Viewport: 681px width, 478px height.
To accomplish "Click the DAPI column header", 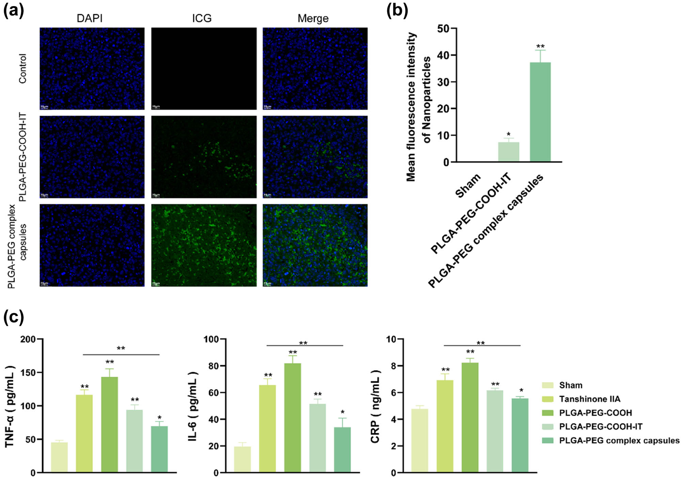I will coord(90,18).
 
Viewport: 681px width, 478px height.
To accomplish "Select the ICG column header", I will coord(202,18).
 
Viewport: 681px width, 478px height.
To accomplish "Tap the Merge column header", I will coord(313,18).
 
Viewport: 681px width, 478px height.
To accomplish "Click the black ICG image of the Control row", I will coord(204,69).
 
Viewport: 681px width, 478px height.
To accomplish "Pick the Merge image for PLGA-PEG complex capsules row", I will coord(315,245).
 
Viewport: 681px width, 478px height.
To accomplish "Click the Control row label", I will coord(22,69).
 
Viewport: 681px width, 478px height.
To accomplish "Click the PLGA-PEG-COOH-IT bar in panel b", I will coord(508,152).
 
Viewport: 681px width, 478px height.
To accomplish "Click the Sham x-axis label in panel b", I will coord(469,186).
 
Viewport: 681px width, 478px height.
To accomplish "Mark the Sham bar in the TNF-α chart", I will coord(59,457).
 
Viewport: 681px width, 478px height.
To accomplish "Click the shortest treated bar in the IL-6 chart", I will coord(342,450).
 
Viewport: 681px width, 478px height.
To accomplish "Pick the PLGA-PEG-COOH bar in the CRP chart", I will coord(470,417).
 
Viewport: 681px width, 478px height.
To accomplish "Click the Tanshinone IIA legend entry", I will coord(589,399).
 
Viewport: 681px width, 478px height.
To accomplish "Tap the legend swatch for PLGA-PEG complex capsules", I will coord(548,440).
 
